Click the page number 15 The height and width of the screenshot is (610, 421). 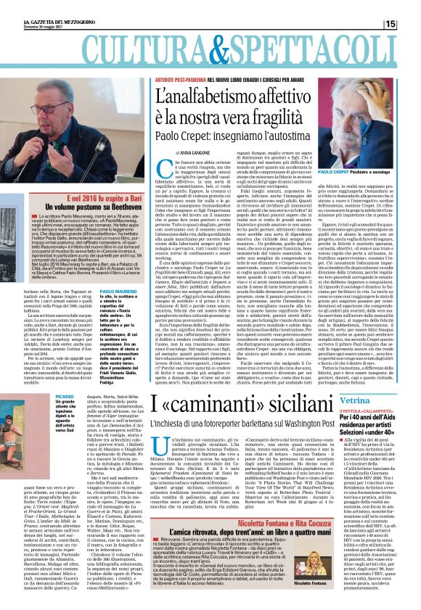(x=410, y=24)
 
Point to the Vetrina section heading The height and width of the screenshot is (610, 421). (x=362, y=399)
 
